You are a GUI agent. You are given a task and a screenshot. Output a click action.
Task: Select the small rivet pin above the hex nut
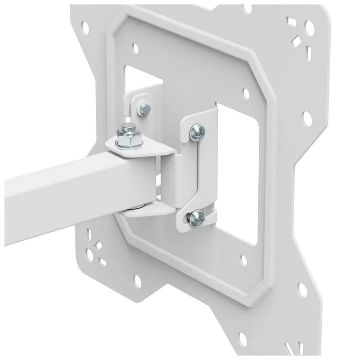point(145,108)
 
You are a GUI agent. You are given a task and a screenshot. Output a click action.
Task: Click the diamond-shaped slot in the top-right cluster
point(297,43)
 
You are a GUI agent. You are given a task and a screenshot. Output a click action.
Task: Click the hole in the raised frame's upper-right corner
point(246,93)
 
